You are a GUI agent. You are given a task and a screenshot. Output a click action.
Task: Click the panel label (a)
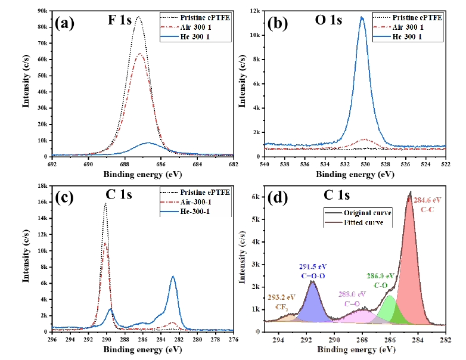pyautogui.click(x=64, y=23)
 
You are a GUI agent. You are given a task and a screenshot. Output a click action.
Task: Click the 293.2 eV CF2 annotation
pyautogui.click(x=282, y=301)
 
